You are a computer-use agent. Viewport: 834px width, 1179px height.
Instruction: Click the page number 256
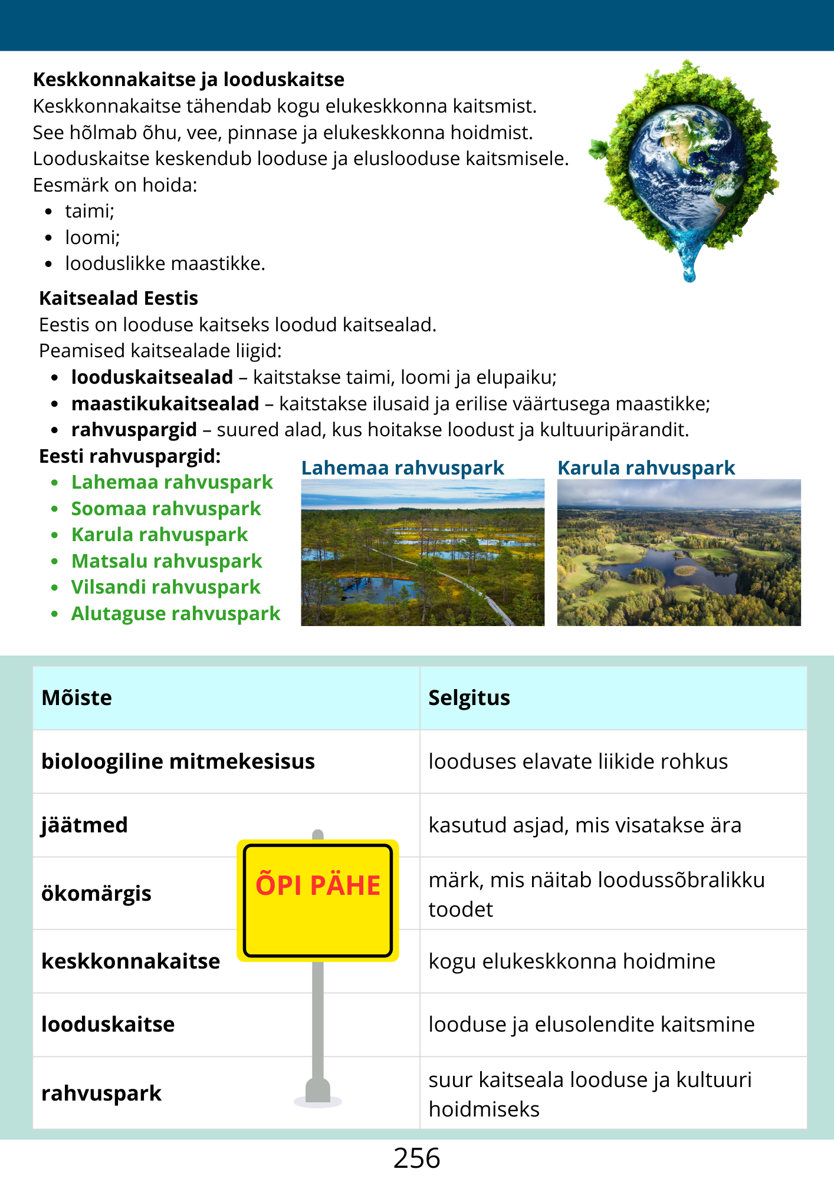(416, 1158)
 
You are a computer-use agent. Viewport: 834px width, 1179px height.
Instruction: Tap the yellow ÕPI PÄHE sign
(318, 900)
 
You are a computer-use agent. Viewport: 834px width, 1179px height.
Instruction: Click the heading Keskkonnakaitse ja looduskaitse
(189, 80)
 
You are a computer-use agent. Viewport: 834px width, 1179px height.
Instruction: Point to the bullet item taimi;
(90, 211)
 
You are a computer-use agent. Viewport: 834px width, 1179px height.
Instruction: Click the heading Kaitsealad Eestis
(119, 298)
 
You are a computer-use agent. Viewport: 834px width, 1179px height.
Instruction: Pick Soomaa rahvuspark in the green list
(166, 509)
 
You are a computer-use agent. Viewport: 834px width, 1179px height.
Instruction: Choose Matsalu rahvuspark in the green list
(166, 561)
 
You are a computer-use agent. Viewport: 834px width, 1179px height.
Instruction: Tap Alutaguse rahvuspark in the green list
(176, 614)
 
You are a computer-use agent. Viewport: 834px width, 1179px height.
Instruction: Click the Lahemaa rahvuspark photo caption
(402, 468)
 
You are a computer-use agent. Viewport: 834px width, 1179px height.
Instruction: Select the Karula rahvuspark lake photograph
(679, 552)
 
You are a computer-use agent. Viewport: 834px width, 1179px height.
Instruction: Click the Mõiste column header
(77, 698)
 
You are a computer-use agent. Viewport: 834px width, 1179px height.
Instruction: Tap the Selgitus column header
(469, 698)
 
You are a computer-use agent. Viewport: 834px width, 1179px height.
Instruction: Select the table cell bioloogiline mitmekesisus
(178, 762)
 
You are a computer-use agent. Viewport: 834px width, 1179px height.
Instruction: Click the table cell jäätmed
(84, 825)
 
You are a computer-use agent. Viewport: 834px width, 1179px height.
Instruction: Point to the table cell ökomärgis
(96, 894)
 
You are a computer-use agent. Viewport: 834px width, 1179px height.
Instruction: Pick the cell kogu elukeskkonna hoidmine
(572, 961)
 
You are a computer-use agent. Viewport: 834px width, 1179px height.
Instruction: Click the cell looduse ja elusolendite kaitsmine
(591, 1025)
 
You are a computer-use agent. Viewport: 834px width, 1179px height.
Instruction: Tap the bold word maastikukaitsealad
(165, 404)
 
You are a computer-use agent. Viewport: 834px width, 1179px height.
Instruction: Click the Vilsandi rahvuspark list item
(166, 587)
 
